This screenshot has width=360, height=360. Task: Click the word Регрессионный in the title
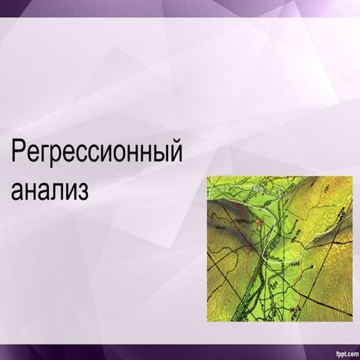97,153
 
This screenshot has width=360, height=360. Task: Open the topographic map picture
279,249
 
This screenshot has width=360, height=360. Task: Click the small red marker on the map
259,223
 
